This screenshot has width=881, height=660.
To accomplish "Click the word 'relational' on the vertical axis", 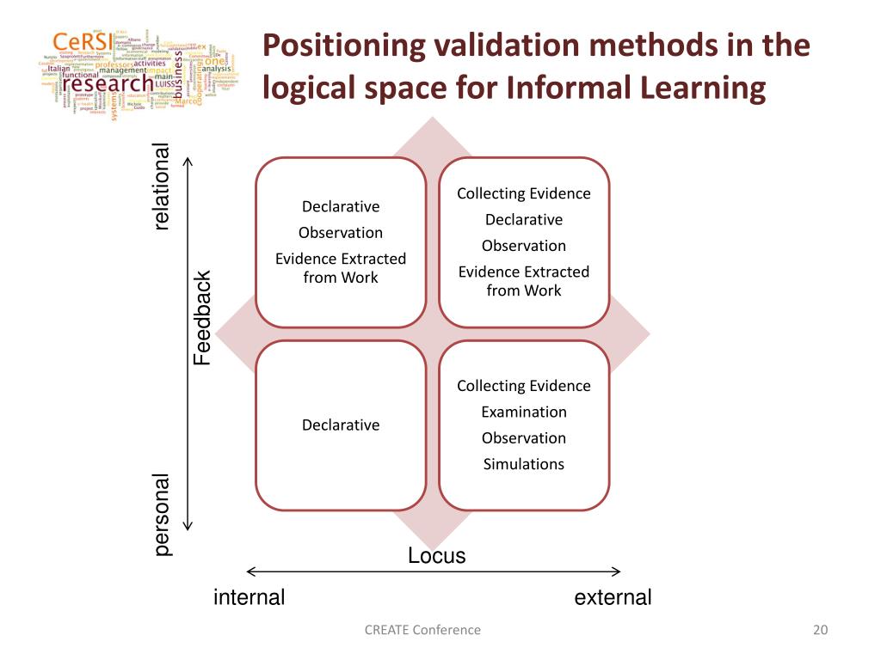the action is [x=162, y=187].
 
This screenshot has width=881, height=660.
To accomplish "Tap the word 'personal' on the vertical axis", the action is [x=162, y=515].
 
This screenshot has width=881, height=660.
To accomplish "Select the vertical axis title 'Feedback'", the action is [x=201, y=318].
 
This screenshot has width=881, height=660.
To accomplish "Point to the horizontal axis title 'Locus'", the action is [x=436, y=556].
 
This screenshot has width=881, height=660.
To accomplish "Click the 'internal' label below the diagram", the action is [x=249, y=597].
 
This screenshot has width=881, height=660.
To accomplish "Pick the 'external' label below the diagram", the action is [x=613, y=597].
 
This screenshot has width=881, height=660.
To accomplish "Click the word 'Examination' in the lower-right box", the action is [x=523, y=412].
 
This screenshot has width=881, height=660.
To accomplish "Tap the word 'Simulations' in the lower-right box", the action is [x=523, y=464].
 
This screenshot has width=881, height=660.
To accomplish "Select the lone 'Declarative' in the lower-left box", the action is [x=341, y=425].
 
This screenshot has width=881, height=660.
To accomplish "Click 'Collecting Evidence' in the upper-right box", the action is [x=523, y=193].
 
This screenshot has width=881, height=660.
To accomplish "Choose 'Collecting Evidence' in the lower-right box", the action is [x=523, y=386].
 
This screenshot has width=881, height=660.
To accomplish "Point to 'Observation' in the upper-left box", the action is [x=341, y=232].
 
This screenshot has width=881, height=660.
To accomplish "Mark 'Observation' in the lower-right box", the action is [x=523, y=437].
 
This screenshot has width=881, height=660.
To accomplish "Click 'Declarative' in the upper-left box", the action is [x=341, y=206].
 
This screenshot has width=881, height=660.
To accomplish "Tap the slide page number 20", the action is [x=819, y=630].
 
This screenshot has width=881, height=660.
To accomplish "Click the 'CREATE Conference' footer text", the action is [x=422, y=630].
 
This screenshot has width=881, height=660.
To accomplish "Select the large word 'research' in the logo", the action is [x=108, y=84].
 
